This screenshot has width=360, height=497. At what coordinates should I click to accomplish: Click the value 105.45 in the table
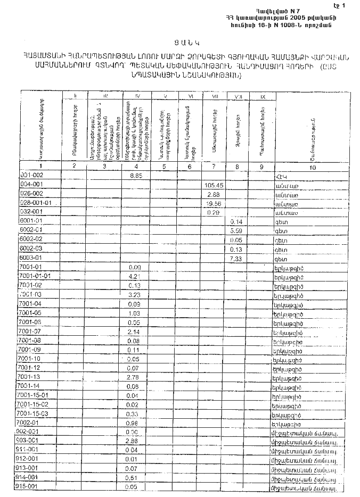pyautogui.click(x=214, y=185)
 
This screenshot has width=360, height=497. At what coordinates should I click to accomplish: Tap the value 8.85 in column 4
pyautogui.click(x=137, y=176)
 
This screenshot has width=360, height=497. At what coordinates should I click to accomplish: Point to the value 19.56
pyautogui.click(x=213, y=203)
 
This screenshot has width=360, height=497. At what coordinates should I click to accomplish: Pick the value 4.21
pyautogui.click(x=134, y=277)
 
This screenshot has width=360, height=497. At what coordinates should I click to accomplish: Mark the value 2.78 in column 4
pyautogui.click(x=134, y=377)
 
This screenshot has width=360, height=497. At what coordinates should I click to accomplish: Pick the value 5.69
pyautogui.click(x=237, y=231)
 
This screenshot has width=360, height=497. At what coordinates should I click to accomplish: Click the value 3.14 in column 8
pyautogui.click(x=237, y=221)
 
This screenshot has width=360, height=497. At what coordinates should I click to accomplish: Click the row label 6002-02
pyautogui.click(x=30, y=240)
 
